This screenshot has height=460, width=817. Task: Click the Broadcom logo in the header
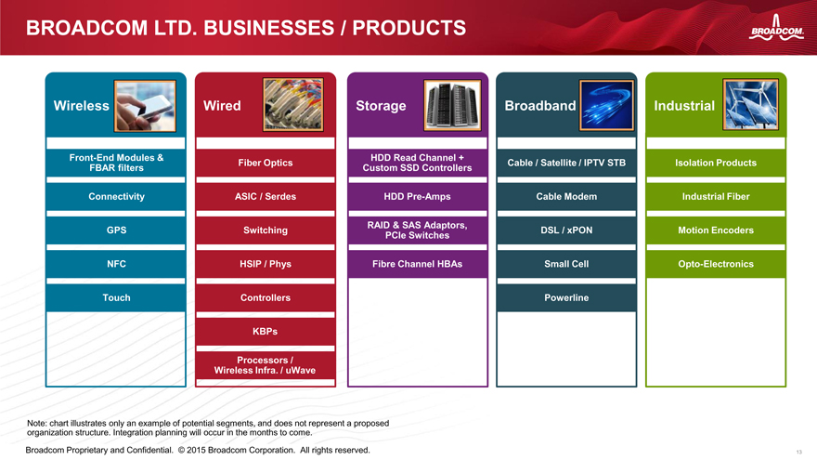(x=776, y=28)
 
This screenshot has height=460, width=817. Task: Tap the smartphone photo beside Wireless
(x=145, y=106)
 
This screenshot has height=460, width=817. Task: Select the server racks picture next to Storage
(x=452, y=105)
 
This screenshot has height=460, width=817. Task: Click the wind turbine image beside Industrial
(x=750, y=105)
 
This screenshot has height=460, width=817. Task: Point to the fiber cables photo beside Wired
(x=292, y=105)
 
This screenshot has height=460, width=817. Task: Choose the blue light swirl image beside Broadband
(x=606, y=105)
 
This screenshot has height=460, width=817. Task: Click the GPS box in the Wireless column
(x=116, y=230)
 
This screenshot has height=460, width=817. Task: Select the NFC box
(x=116, y=264)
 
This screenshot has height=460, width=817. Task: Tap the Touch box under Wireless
(x=116, y=297)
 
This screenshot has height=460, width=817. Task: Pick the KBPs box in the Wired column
(x=266, y=331)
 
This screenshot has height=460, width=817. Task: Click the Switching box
(x=266, y=230)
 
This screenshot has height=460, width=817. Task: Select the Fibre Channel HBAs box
(x=418, y=264)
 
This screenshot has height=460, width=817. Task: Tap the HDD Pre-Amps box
(x=418, y=197)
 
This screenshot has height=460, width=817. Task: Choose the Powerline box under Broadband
(x=566, y=297)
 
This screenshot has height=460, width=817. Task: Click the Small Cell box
(x=566, y=264)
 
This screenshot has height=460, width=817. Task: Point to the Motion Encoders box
(x=716, y=230)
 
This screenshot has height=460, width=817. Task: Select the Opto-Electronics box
(x=716, y=264)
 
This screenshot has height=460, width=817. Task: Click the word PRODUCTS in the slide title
(x=409, y=28)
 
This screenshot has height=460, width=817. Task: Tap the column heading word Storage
(x=381, y=106)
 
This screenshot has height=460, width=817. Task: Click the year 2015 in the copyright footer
(x=197, y=450)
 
